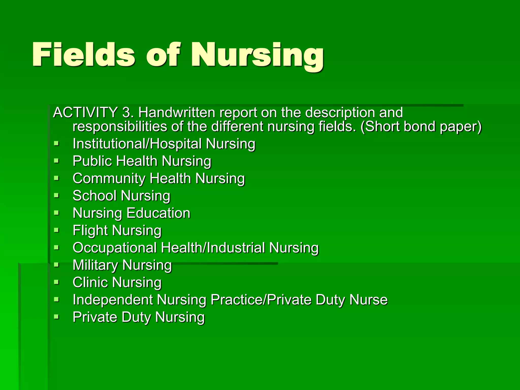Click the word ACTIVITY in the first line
[85, 112]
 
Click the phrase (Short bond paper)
[421, 127]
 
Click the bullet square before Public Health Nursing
[56, 161]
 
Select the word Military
[95, 265]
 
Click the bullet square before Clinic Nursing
[56, 282]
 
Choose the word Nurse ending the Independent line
[368, 300]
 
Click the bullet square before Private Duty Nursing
[56, 317]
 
